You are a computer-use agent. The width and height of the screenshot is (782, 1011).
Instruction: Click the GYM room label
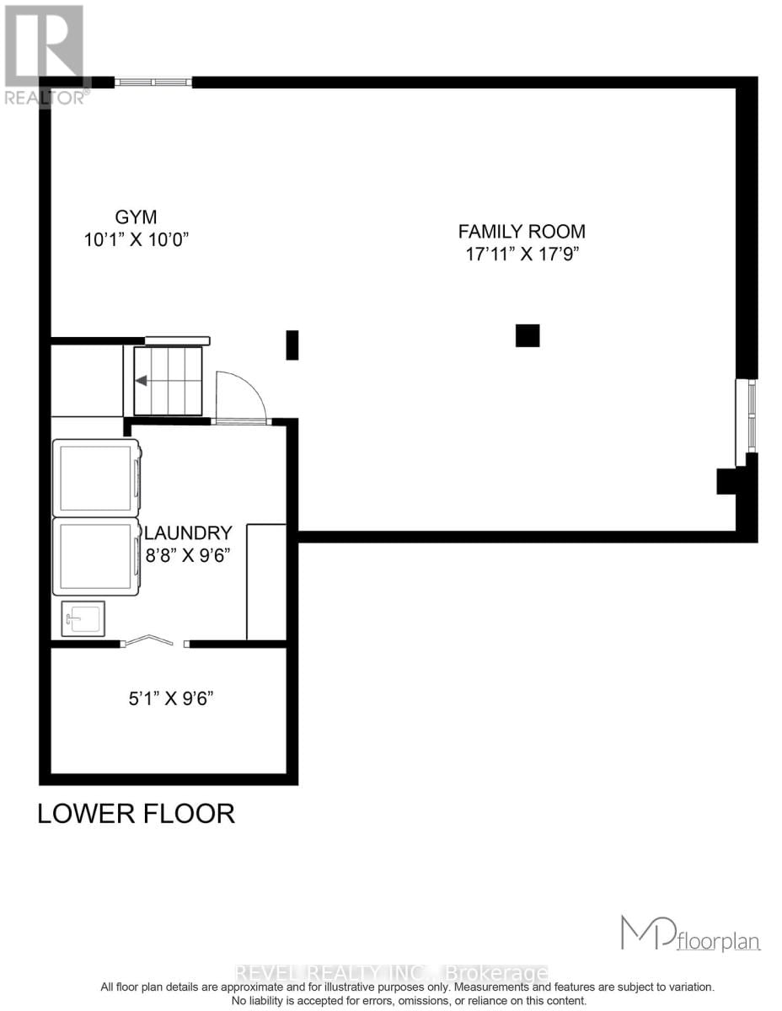[137, 217]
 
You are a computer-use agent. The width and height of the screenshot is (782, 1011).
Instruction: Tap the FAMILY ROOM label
[522, 231]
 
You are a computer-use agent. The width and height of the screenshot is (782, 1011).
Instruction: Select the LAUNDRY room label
[189, 532]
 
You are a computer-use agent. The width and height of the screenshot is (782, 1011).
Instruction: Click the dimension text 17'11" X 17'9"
[522, 254]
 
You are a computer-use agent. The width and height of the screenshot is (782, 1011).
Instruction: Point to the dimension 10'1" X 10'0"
[137, 239]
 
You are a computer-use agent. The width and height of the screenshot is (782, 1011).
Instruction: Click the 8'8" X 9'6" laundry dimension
[188, 555]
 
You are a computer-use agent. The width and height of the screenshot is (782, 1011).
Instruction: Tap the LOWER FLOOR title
[136, 813]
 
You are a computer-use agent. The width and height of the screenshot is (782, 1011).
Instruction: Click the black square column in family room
[528, 335]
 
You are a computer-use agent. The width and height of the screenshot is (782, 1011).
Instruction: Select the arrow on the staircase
[142, 381]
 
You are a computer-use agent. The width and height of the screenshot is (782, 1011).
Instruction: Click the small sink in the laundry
[83, 619]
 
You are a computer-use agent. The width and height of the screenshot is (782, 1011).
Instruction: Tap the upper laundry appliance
[96, 478]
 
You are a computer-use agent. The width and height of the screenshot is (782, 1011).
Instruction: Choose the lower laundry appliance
[96, 557]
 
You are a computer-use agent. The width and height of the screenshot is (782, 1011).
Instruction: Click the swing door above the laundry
[240, 399]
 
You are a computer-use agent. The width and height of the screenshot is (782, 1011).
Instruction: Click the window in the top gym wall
[153, 82]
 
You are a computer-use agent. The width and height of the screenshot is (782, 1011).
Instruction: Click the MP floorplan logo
[690, 934]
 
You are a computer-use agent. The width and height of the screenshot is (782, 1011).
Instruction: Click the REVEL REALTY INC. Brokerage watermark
[391, 973]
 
